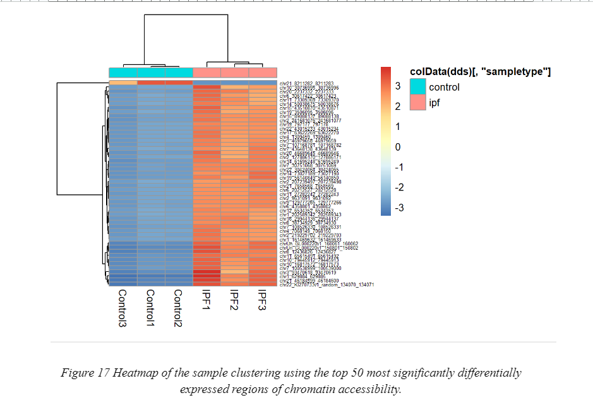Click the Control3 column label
[123, 309]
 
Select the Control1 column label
[150, 309]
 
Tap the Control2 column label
[178, 309]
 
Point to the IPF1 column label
[206, 300]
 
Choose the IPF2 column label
[234, 300]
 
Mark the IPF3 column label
[262, 300]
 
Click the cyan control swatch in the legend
[417, 87]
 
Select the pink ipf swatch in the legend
[417, 102]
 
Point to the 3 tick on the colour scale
[398, 86]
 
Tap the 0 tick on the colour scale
[398, 146]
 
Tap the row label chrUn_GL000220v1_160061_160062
[319, 244]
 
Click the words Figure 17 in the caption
[85, 373]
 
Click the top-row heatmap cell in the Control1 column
[150, 82]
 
